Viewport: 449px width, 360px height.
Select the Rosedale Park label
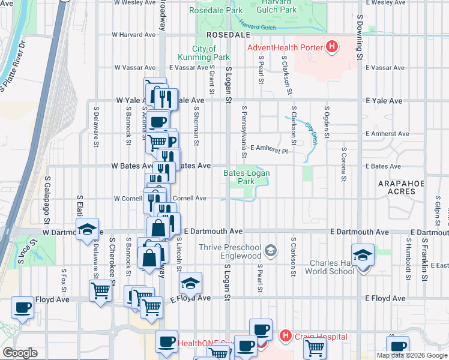click(x=215, y=10)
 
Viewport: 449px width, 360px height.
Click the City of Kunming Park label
click(x=211, y=53)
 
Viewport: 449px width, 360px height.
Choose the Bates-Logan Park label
click(x=247, y=177)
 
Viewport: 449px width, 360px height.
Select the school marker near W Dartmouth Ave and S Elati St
click(x=87, y=229)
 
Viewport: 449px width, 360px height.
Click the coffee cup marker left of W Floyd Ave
click(x=23, y=308)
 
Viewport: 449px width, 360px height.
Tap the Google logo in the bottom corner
click(x=20, y=352)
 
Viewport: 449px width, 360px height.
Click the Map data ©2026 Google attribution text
click(x=412, y=355)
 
